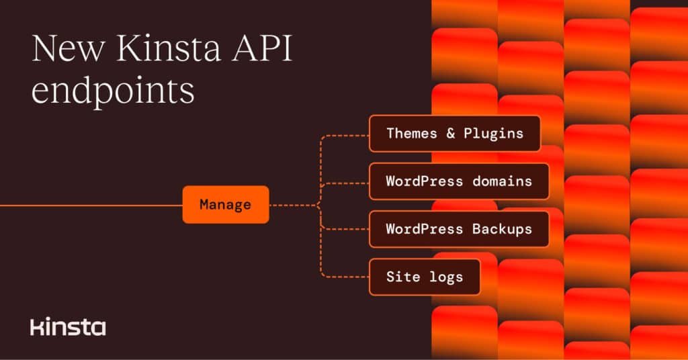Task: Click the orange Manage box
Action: (225, 204)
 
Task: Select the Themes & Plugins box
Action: (455, 133)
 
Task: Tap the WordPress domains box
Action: (459, 181)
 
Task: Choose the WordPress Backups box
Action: (459, 229)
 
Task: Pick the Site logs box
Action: (425, 277)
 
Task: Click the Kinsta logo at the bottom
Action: (68, 327)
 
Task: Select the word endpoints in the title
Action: (113, 91)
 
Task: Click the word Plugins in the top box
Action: (493, 133)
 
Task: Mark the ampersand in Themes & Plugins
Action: (451, 133)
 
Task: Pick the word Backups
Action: (502, 229)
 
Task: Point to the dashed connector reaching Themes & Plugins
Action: (344, 134)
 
